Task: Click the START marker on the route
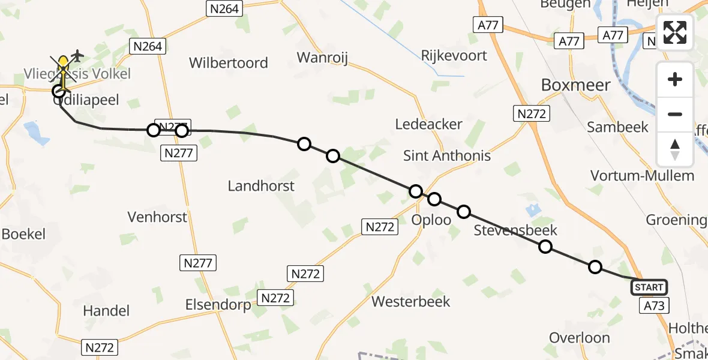(x=648, y=287)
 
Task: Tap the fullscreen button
(x=675, y=32)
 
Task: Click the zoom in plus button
(x=675, y=79)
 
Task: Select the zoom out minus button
(x=675, y=114)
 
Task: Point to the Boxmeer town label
(x=575, y=85)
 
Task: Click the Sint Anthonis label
(x=446, y=156)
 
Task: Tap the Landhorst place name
(x=261, y=186)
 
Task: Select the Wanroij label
(x=323, y=58)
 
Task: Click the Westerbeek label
(x=411, y=301)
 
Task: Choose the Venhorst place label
(x=158, y=217)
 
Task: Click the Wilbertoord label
(x=229, y=63)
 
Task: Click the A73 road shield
(x=654, y=306)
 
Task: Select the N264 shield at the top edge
(x=224, y=8)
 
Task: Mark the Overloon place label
(x=580, y=338)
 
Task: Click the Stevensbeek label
(x=515, y=230)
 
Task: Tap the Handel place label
(x=106, y=310)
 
